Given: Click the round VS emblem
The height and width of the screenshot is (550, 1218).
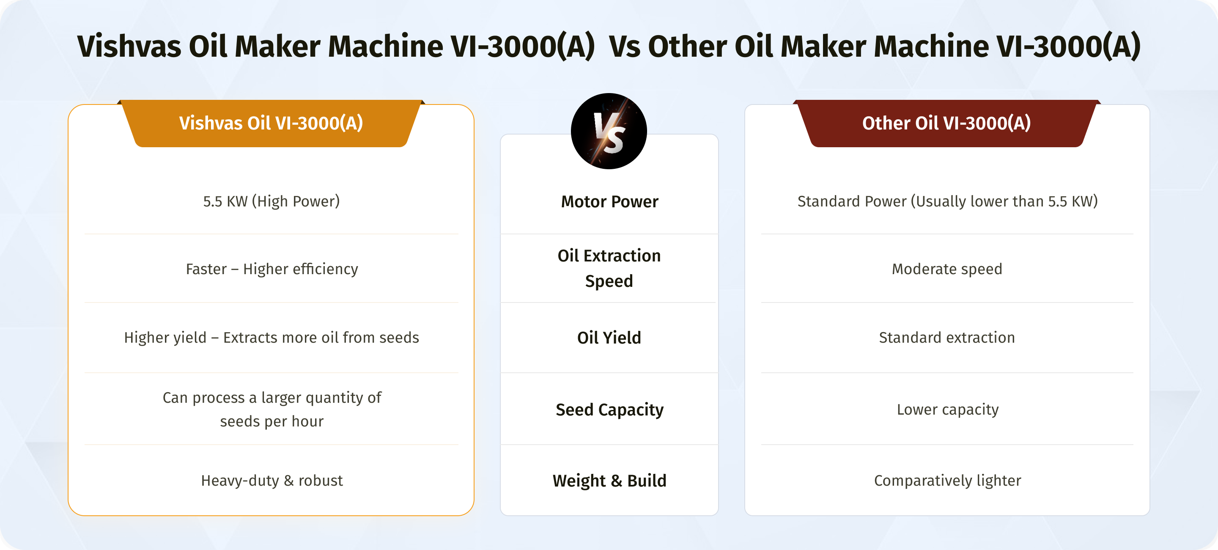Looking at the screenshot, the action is pos(609,131).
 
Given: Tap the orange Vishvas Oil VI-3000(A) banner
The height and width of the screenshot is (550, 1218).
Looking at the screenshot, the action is pos(271,124).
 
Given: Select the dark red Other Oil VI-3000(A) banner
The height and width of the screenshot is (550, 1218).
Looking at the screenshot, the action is pos(946,124).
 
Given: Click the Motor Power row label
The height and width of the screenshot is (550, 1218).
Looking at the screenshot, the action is pos(609,202).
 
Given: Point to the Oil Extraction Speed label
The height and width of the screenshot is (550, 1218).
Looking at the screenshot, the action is pos(609,268).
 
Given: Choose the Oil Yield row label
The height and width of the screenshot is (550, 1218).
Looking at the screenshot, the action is pos(609,338).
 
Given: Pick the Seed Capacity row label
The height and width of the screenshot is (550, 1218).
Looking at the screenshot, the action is pos(609,410).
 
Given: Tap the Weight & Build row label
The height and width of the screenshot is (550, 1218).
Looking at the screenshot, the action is pos(609,481).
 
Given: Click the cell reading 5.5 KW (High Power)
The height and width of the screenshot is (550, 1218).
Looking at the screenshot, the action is pos(272,201).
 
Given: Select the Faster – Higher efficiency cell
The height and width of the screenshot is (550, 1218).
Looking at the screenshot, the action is pos(272,269).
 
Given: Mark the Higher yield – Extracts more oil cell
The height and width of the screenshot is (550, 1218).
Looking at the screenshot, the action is pos(272,338).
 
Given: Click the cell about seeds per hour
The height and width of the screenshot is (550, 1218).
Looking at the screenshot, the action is pos(272,410).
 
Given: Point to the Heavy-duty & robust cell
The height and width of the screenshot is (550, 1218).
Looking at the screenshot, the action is pos(272,481).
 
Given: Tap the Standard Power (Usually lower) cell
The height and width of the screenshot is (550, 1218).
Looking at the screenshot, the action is pos(947,201).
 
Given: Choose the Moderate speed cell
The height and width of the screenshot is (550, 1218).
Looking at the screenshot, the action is pos(947,269).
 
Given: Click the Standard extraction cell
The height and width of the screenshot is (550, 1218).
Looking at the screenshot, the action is pos(947,338).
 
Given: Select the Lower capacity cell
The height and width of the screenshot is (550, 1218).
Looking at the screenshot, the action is pos(947,410).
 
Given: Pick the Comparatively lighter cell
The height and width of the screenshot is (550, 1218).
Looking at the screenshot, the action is pos(947,481).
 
